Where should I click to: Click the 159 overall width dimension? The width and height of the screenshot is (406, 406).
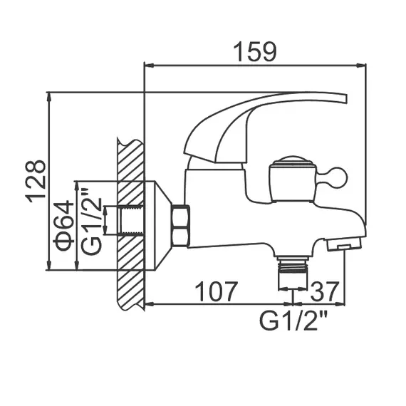(255, 52)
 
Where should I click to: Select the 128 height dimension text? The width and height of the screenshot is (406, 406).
(36, 181)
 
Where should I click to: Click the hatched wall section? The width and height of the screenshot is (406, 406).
(129, 221)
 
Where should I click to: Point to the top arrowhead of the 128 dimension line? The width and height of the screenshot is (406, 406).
(49, 96)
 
